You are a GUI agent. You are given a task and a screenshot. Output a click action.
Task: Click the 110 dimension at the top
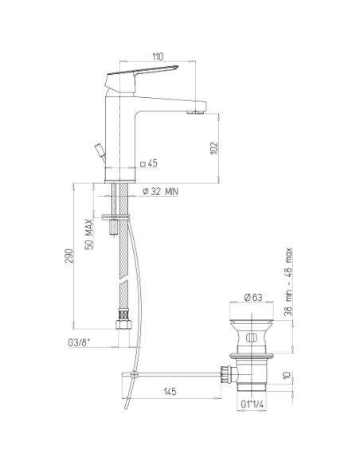coord(158,57)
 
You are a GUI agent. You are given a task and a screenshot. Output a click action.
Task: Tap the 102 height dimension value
coord(214,148)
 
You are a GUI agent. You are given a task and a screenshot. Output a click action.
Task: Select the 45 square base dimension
coord(149,163)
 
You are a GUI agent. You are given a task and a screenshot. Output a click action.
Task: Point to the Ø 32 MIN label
coord(160,191)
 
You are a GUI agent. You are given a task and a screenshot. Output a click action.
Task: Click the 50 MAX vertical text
coord(89,234)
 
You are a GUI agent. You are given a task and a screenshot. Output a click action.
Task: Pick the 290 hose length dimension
coord(68,256)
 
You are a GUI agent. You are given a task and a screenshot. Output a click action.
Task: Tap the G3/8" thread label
coord(79,342)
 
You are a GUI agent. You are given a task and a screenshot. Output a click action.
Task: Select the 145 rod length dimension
coord(170,392)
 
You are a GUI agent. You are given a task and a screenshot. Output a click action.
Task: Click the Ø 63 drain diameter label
coord(253,297)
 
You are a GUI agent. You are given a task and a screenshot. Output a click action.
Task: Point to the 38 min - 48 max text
coord(288,282)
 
